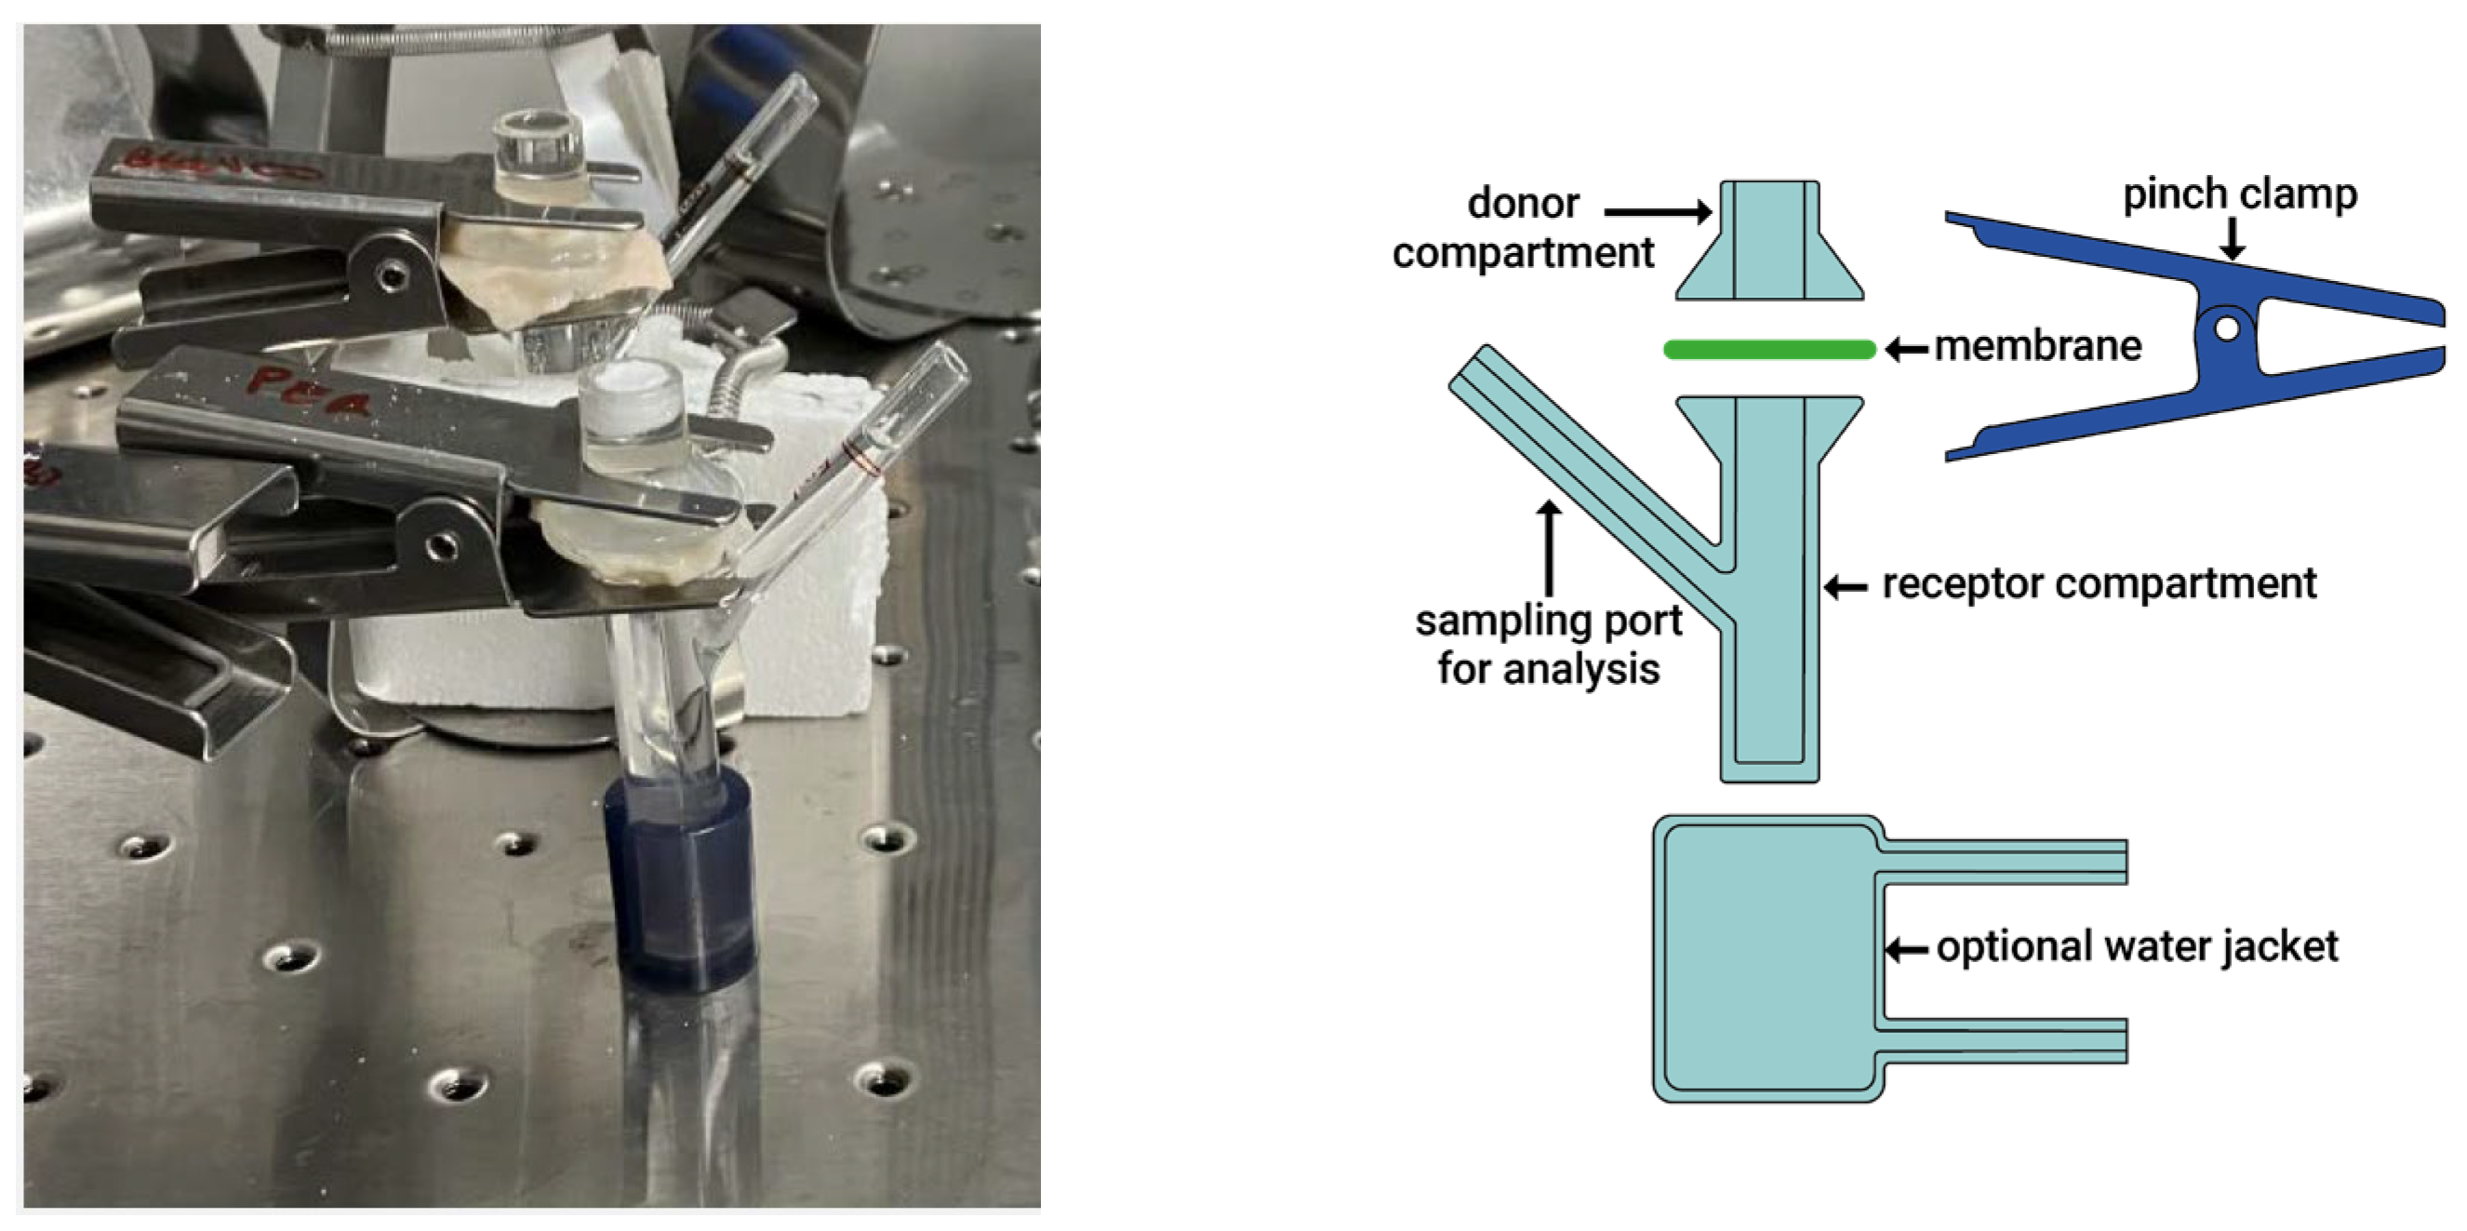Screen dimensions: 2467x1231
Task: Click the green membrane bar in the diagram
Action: (x=1768, y=350)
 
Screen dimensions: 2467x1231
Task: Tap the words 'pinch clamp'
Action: (x=2240, y=194)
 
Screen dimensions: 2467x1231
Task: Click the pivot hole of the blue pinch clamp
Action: (x=2228, y=328)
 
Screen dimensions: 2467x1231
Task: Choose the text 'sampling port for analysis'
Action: (x=1549, y=645)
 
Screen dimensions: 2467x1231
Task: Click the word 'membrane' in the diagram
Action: (x=2038, y=346)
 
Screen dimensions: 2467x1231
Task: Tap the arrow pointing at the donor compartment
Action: (x=1658, y=212)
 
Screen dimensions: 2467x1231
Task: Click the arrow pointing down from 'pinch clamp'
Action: (x=2233, y=238)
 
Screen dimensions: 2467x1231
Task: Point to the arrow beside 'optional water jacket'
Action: (x=1907, y=950)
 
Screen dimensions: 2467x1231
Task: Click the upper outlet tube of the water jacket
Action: (x=2002, y=862)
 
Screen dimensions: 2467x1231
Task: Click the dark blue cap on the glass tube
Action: (x=680, y=881)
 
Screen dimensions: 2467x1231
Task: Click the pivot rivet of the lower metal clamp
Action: (x=442, y=547)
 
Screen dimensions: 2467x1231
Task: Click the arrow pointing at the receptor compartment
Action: (x=1845, y=587)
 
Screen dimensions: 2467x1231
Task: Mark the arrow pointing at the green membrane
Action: (x=1906, y=350)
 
